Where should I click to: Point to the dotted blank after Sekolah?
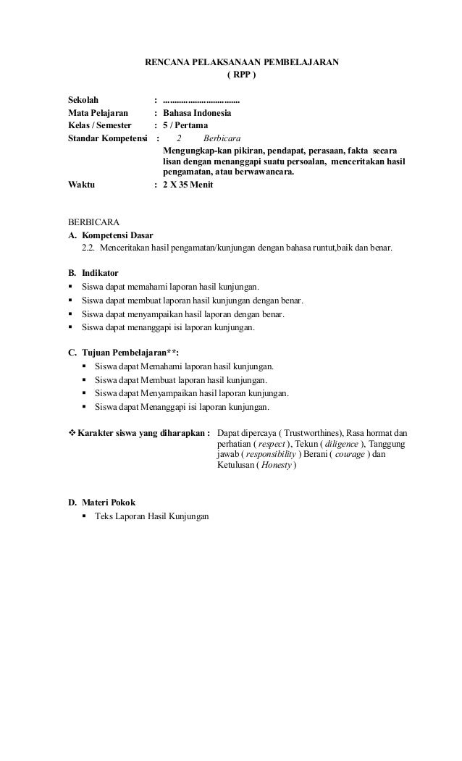click(202, 100)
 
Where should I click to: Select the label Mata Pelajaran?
click(98, 113)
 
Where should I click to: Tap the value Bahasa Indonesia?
click(198, 113)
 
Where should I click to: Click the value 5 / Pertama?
click(185, 125)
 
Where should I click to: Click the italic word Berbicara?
click(223, 138)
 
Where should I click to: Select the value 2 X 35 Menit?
click(188, 185)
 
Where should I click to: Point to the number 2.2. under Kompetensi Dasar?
click(88, 248)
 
